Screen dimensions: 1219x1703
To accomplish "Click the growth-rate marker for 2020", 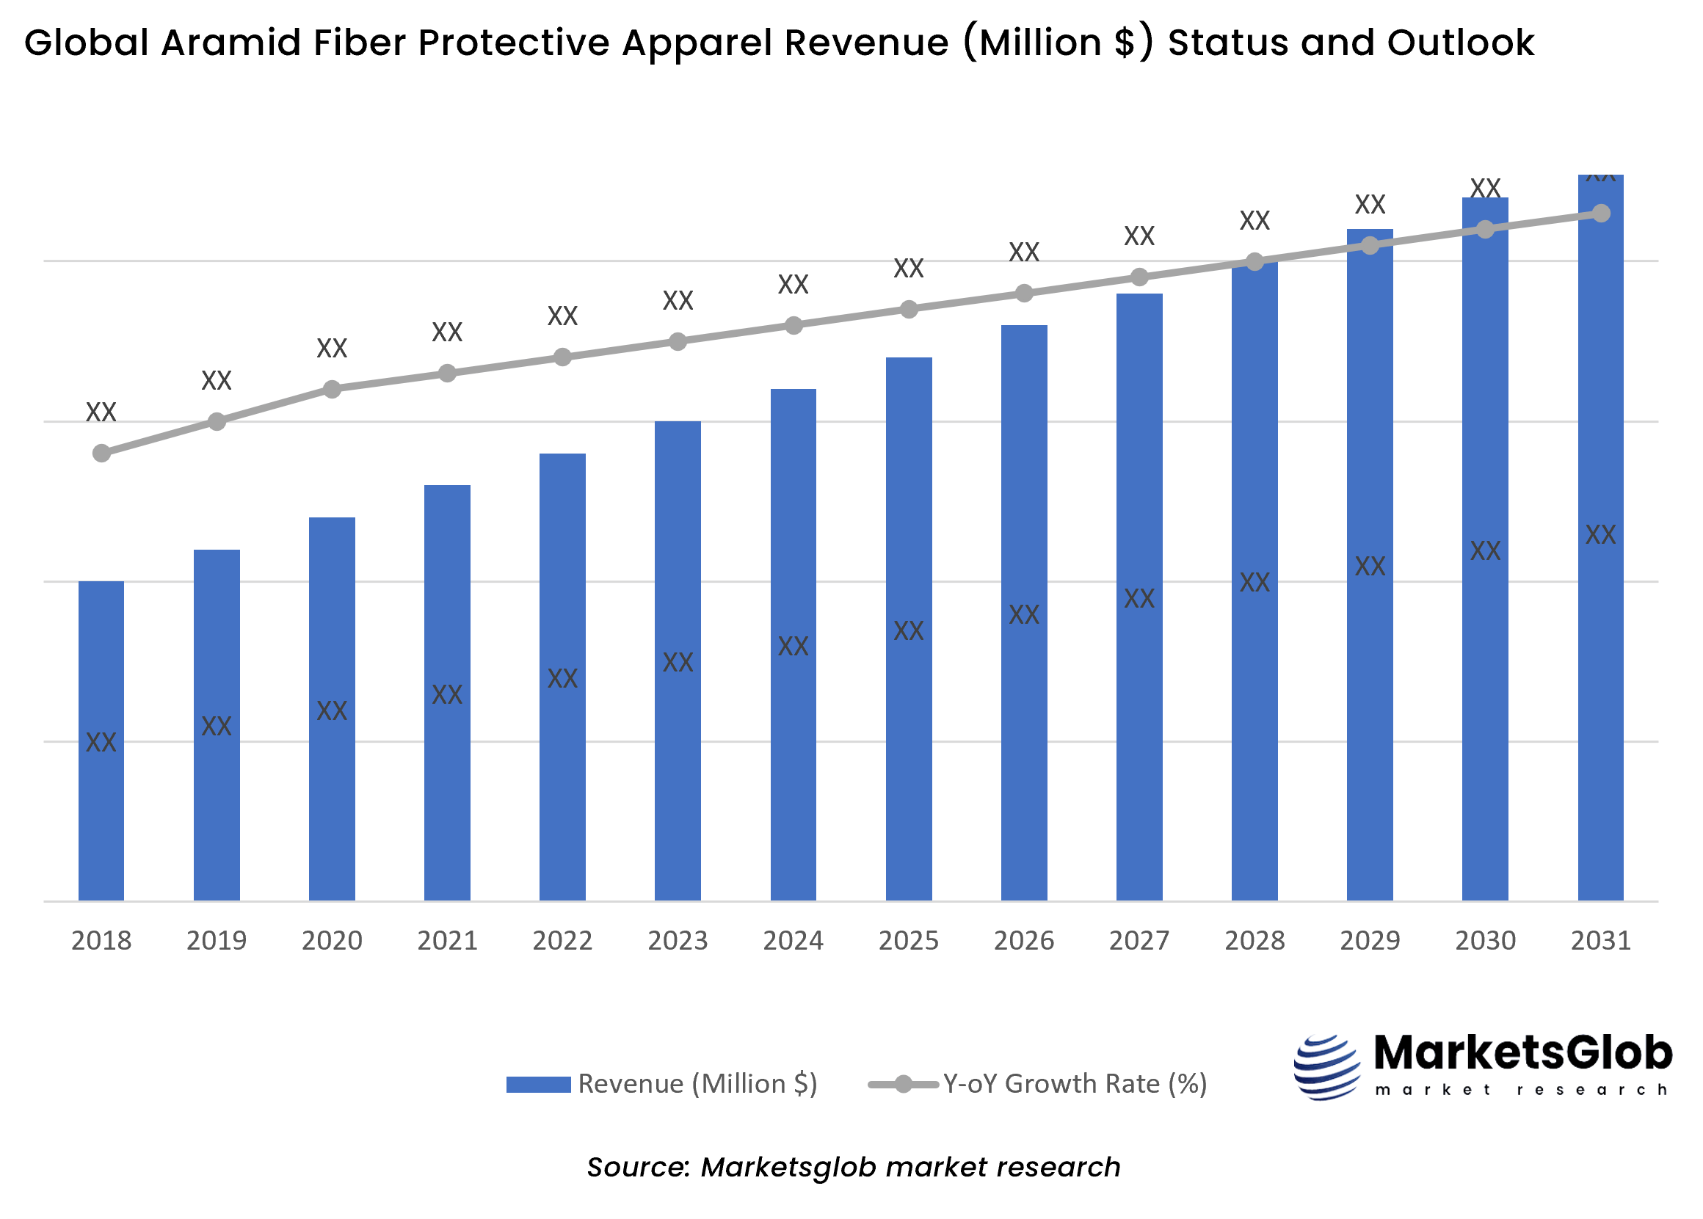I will pos(332,389).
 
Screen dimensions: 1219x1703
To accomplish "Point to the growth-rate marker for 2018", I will pos(101,453).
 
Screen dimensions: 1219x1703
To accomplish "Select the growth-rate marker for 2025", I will pos(908,309).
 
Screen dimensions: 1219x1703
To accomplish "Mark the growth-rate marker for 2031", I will pos(1600,213).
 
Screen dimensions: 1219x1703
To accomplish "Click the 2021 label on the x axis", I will pos(447,940).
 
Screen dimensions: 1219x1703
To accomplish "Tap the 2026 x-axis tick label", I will pos(1024,940).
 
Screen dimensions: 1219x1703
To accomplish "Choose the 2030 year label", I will pos(1484,940).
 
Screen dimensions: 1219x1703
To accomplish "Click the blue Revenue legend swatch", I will pos(538,1084).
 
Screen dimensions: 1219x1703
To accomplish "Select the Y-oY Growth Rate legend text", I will pos(1074,1083).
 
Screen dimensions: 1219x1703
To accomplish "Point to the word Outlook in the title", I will pos(1460,43).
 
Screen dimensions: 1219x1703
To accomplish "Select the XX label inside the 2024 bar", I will pos(793,646).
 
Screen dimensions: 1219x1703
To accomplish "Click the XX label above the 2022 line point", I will pos(562,316).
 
